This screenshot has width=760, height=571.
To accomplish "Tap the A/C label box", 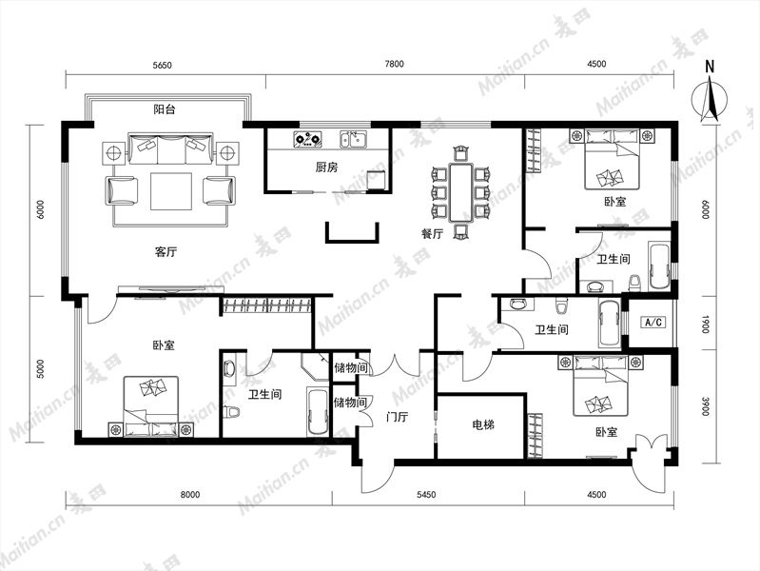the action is point(653,322).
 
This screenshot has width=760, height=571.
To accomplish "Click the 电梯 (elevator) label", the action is point(483,425).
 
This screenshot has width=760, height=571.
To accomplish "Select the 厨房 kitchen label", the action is point(326,167).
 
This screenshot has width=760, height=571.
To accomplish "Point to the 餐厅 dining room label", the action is point(432,234).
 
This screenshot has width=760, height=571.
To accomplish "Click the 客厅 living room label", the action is point(166,252).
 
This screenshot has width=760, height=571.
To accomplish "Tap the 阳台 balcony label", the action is point(165,109).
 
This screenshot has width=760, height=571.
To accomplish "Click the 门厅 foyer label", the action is point(398,417).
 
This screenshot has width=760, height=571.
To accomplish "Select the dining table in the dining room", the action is point(460,192).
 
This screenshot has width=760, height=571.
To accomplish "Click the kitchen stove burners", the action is point(308,139).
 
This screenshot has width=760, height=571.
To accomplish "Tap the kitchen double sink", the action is point(353,139).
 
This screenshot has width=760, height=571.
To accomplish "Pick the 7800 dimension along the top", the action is point(394,64).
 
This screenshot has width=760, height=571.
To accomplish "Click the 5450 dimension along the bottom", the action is point(426,495).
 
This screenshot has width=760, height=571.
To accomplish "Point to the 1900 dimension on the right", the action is point(706,325).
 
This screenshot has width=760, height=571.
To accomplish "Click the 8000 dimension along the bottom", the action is point(190,495).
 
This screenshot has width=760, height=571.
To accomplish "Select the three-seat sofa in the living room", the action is point(170,148).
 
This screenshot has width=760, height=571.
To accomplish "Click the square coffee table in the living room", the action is point(171,191).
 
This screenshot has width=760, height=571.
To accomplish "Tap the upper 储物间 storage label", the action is point(350,367).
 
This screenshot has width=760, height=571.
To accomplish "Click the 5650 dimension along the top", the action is point(162,65).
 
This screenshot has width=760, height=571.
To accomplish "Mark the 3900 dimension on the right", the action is point(706,406).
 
